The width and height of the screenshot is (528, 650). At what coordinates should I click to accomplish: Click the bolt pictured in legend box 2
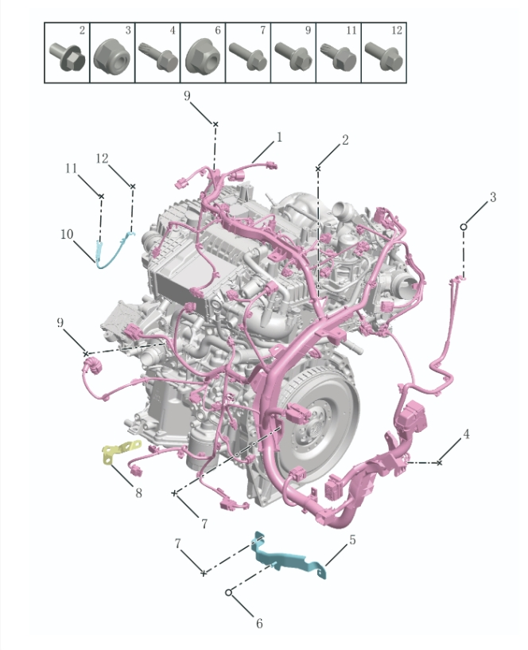[67, 57]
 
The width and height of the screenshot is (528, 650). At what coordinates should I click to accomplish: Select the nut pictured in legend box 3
[112, 55]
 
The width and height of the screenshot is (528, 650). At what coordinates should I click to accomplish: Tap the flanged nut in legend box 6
[203, 55]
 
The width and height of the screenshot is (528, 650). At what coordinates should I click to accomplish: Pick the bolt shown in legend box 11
[338, 57]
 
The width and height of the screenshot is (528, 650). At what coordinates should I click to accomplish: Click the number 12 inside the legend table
[397, 30]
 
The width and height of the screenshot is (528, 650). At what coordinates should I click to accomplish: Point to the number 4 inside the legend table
[173, 30]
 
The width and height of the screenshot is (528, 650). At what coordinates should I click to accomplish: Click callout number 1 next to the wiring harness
[279, 137]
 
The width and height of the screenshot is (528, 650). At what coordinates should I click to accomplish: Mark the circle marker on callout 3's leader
[464, 227]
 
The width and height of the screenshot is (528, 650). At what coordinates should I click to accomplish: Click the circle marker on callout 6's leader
[228, 593]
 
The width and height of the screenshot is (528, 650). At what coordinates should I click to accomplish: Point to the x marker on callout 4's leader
[439, 462]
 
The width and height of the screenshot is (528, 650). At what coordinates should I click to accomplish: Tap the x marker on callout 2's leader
[318, 169]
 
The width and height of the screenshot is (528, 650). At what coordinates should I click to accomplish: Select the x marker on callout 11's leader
[101, 196]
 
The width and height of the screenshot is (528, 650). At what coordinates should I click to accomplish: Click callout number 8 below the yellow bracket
[138, 493]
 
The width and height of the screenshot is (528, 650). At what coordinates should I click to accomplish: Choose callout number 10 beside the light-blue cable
[67, 234]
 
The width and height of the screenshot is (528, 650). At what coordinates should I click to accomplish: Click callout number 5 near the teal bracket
[352, 540]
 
